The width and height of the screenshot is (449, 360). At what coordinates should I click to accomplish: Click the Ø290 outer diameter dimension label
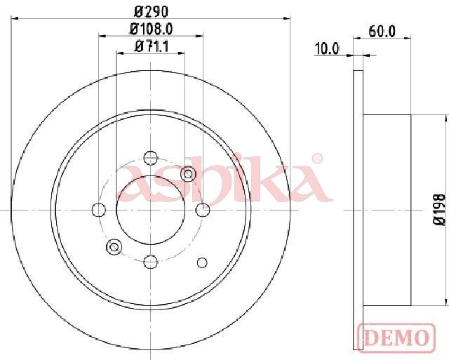click(151, 12)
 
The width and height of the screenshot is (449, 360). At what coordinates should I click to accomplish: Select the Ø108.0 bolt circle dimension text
click(152, 29)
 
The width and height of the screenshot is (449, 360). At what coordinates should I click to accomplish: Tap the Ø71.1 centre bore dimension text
click(152, 46)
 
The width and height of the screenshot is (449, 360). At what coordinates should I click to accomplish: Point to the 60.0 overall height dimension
click(382, 31)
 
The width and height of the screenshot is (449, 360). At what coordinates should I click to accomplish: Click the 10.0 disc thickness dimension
click(327, 48)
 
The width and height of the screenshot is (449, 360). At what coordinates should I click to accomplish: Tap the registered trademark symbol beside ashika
click(317, 159)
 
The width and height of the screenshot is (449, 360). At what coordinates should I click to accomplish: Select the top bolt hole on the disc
click(150, 158)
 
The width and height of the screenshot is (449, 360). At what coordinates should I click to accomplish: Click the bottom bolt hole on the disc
click(150, 261)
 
